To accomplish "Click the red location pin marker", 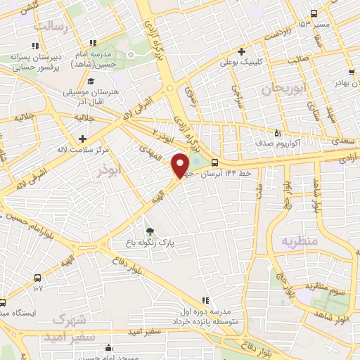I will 181,165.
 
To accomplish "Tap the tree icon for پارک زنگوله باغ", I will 149,231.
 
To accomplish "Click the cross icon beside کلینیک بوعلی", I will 241,51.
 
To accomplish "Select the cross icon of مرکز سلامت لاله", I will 83,139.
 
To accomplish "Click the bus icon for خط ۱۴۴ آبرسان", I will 224,162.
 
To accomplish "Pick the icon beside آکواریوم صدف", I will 278,132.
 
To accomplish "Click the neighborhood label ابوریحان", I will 276,89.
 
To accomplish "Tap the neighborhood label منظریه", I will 300,241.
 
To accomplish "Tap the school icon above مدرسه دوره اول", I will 205,300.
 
